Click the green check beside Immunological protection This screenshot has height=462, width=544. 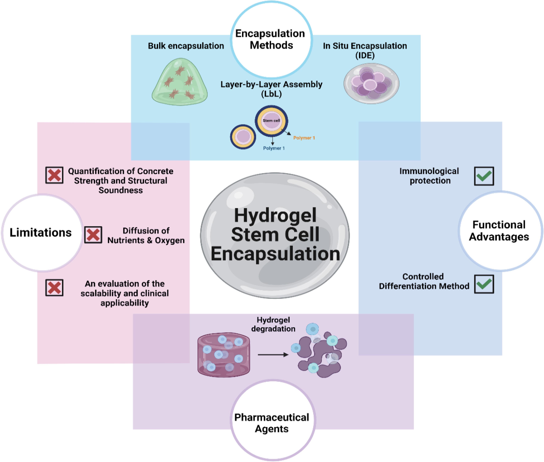click(484, 176)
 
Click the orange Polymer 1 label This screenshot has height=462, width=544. click(304, 138)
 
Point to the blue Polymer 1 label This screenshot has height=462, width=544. click(274, 148)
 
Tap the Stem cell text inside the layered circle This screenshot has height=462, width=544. click(271, 121)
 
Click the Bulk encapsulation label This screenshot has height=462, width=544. click(186, 46)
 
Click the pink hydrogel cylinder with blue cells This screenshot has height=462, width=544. click(223, 355)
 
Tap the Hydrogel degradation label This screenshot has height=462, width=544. click(273, 324)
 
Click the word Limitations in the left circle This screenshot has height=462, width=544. click(41, 233)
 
